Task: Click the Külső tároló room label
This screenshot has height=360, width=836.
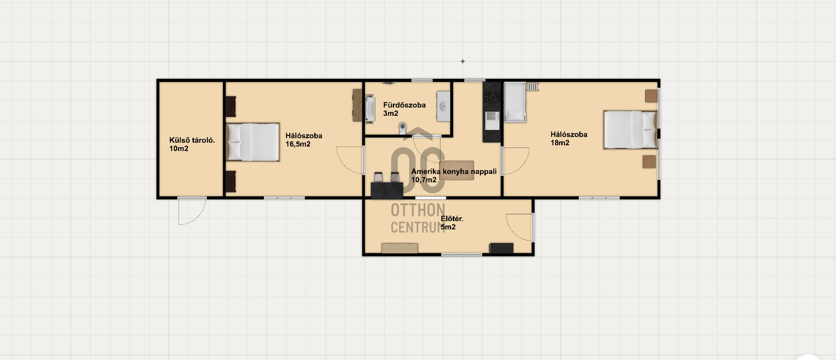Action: (x=192, y=140)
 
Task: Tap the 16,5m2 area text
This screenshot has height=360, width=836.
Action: (x=298, y=144)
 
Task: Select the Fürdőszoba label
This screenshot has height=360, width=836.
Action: (x=405, y=105)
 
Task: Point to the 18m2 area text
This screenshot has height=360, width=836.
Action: (x=560, y=143)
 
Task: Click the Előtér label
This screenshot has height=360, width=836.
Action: (x=452, y=219)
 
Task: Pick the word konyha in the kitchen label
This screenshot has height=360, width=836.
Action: (x=455, y=172)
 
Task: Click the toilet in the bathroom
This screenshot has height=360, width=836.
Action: (x=403, y=128)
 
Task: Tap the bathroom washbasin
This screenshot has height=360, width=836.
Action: (x=443, y=106)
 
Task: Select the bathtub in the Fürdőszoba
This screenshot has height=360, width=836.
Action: (x=370, y=109)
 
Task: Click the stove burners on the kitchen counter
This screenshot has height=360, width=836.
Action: (x=492, y=96)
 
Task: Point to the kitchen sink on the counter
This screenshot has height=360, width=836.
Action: (x=492, y=118)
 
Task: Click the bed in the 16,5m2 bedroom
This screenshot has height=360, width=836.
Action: (x=253, y=142)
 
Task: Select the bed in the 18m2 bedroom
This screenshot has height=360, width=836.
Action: (x=630, y=130)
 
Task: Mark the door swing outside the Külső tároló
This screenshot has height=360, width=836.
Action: (x=192, y=211)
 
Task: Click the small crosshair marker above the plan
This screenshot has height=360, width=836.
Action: (x=462, y=61)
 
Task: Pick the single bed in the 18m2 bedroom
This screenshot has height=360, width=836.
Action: (x=515, y=102)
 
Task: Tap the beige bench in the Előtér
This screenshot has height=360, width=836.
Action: (x=400, y=248)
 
